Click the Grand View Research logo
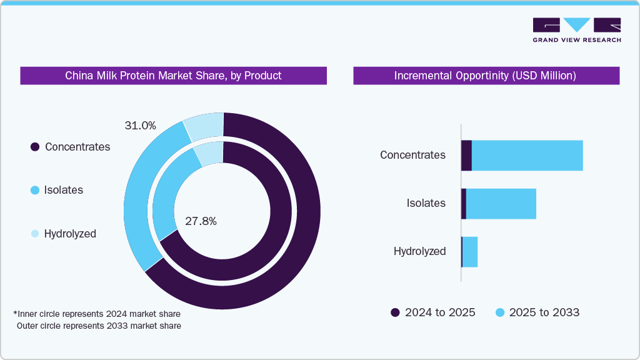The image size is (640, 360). pos(576,29)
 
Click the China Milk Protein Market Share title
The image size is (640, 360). pos(173,76)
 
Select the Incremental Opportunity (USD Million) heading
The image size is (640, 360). pos(486,76)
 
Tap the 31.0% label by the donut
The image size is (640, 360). pos(140,126)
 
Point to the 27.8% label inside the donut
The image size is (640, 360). pos(201,221)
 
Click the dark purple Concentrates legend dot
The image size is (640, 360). pos(35,147)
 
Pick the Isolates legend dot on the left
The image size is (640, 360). pos(35,190)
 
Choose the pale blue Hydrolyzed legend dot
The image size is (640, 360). pos(35,234)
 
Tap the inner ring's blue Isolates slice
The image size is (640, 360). pos(167,194)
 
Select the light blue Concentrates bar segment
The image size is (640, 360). pos(527,156)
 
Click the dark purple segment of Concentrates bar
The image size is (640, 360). pos(466,156)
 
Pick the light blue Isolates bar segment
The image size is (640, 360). pos(501,204)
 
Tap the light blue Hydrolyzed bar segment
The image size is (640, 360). pos(470,252)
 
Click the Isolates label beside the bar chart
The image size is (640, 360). pos(426,203)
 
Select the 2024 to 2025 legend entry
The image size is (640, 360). pos(432,312)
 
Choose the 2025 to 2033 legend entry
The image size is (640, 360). pos(537,312)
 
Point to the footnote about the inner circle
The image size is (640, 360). pos(97,313)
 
